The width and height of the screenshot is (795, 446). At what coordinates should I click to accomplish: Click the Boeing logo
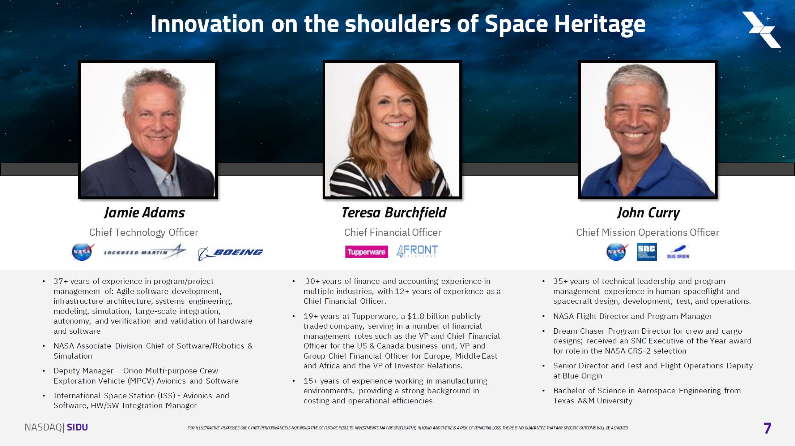(x=230, y=252)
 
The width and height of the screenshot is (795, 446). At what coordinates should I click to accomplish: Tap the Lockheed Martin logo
(x=145, y=252)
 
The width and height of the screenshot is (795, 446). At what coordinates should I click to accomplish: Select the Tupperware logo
(x=366, y=252)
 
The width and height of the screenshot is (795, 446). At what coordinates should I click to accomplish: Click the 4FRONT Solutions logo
(x=417, y=251)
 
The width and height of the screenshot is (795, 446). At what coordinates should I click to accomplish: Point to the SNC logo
(x=647, y=252)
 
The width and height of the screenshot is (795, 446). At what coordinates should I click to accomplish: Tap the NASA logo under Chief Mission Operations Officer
(x=617, y=251)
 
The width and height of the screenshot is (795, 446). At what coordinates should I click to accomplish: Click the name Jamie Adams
(x=144, y=213)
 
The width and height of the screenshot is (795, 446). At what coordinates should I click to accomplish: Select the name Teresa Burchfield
(x=394, y=213)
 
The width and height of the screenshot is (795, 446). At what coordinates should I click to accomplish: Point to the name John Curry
(x=648, y=213)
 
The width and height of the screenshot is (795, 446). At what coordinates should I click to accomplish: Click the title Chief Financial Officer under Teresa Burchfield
(x=393, y=232)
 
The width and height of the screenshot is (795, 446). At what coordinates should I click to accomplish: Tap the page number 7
(x=767, y=428)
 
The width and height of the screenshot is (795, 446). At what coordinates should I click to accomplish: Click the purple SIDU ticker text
(x=77, y=427)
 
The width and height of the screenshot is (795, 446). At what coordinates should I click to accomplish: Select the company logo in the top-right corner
(x=761, y=30)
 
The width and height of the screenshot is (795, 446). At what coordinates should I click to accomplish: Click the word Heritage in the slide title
(x=600, y=24)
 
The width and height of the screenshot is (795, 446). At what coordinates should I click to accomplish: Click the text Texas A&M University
(x=593, y=400)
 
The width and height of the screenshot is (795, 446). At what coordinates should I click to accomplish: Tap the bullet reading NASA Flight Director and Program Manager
(x=633, y=316)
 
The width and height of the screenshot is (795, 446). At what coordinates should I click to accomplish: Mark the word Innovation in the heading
(x=207, y=24)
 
